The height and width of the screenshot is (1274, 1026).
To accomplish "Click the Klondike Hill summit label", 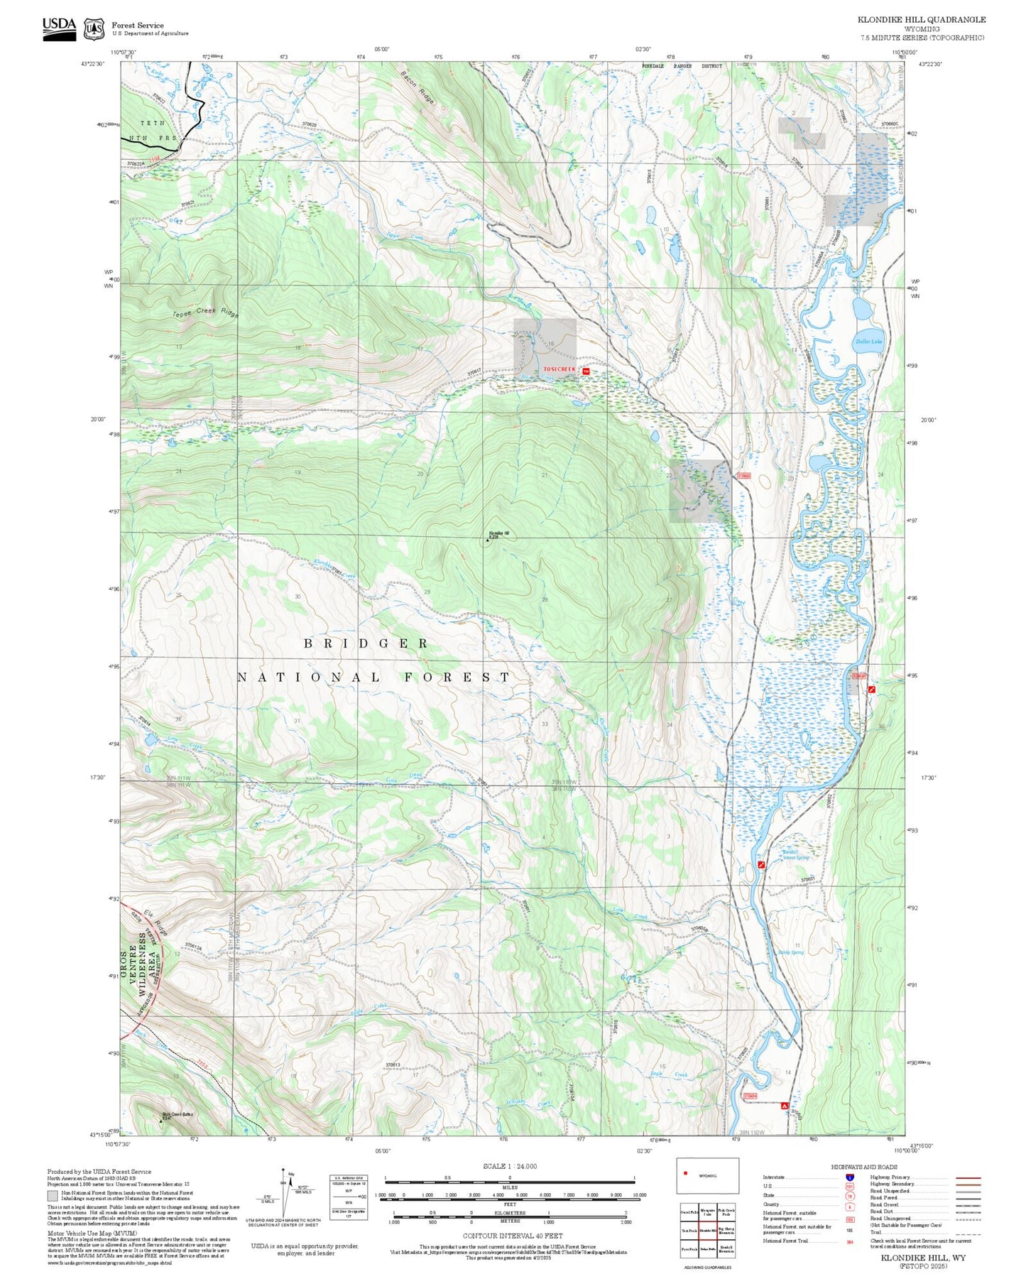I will click(498, 533).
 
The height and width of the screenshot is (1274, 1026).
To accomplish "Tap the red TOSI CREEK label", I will click(560, 369).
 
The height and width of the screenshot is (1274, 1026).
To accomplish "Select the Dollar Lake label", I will click(868, 342).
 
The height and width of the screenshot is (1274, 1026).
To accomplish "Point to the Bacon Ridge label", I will click(417, 87).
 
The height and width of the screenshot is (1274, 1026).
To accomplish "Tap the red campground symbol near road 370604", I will click(785, 1106).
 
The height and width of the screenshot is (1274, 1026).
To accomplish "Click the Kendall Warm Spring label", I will click(795, 855).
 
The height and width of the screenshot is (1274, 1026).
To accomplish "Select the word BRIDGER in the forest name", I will click(366, 643).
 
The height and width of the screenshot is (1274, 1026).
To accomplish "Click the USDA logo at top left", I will click(59, 28).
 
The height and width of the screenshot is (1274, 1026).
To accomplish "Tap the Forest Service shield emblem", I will click(94, 29).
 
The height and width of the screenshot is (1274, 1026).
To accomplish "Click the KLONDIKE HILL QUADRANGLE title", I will click(921, 20).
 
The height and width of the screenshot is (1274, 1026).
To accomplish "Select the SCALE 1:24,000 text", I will click(509, 1167).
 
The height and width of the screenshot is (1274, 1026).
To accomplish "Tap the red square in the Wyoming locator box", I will click(685, 1173).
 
